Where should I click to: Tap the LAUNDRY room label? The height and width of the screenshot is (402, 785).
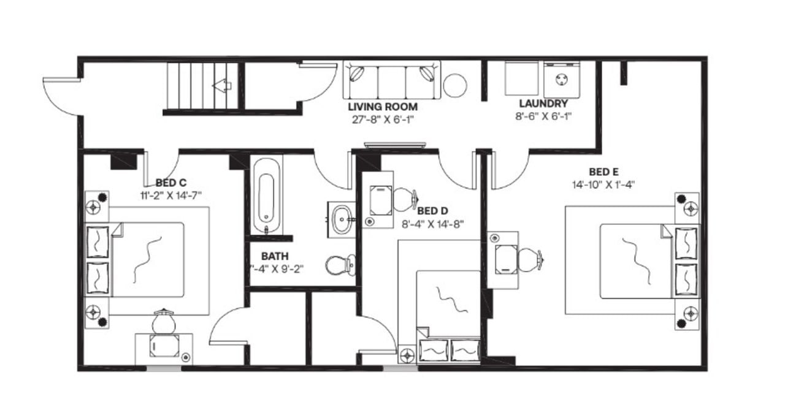[x=543, y=104]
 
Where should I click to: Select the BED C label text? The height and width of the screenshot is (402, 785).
[x=171, y=183]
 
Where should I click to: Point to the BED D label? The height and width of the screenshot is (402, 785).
[x=433, y=211]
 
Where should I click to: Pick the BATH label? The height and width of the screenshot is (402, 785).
[x=275, y=256]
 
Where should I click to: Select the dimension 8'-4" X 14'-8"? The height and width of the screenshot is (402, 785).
[x=433, y=224]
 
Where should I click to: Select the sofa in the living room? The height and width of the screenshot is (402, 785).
[x=391, y=79]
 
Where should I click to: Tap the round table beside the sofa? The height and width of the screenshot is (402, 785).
[x=455, y=85]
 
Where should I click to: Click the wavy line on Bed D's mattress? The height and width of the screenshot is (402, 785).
[x=448, y=300]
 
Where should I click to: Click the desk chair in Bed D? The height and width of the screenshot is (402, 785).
[x=404, y=198]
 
